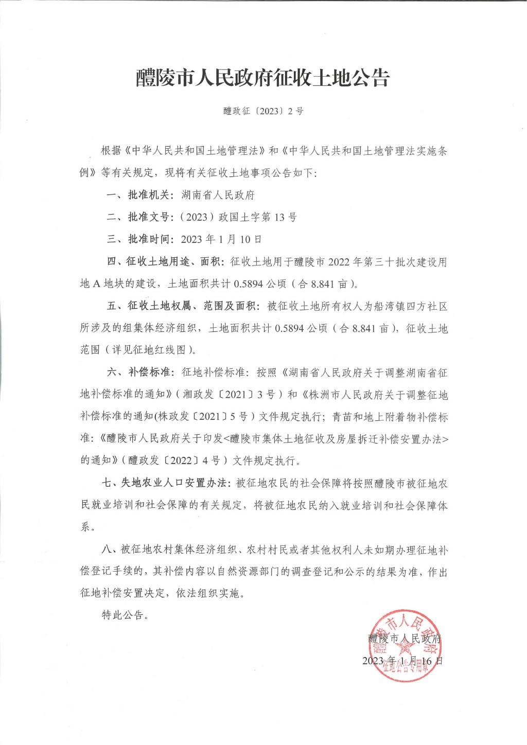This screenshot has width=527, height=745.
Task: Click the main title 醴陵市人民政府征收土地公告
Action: click(263, 78)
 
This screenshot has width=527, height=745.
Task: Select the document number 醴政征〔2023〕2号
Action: click(263, 111)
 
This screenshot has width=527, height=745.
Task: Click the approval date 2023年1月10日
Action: click(221, 239)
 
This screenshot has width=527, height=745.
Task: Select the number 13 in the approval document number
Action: click(279, 217)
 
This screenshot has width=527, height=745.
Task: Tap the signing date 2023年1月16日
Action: click(402, 661)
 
